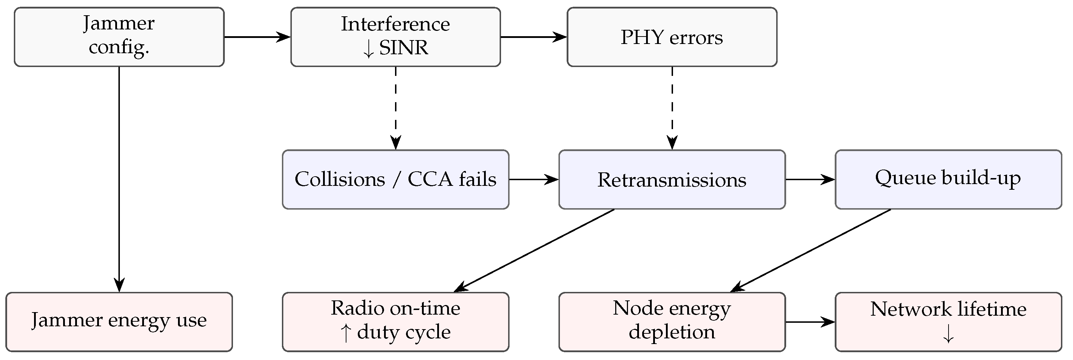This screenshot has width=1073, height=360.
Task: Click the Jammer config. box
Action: click(x=119, y=37)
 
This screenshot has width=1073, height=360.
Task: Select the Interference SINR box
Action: click(x=395, y=37)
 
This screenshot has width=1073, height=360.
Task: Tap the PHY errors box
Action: click(x=672, y=37)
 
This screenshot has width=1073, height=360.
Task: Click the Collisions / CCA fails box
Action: click(x=395, y=179)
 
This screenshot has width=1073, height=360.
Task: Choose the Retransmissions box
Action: click(x=672, y=179)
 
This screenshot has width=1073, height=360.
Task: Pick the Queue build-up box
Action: click(x=948, y=179)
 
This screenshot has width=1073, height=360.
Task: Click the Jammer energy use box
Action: click(x=119, y=322)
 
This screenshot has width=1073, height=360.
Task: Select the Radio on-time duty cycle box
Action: click(x=395, y=322)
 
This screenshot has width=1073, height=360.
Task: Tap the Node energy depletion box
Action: click(x=672, y=322)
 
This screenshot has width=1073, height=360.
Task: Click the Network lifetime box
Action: click(x=948, y=322)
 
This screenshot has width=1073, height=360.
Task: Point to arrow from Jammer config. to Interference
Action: click(x=257, y=37)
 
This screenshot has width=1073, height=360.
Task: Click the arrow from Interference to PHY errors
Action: click(x=533, y=37)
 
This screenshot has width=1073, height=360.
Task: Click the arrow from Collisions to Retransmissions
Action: click(x=533, y=179)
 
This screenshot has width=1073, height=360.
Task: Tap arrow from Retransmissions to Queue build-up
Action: click(x=810, y=179)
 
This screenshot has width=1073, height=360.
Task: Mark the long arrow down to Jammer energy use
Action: click(x=119, y=179)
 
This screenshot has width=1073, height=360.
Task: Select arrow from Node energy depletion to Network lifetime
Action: click(x=810, y=322)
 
